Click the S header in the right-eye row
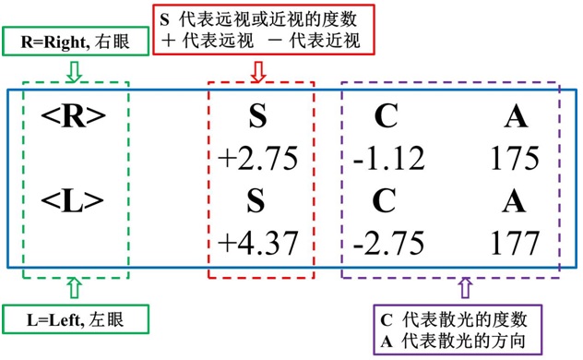259,115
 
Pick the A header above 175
515,115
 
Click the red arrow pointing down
258,70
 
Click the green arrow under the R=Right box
75,68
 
